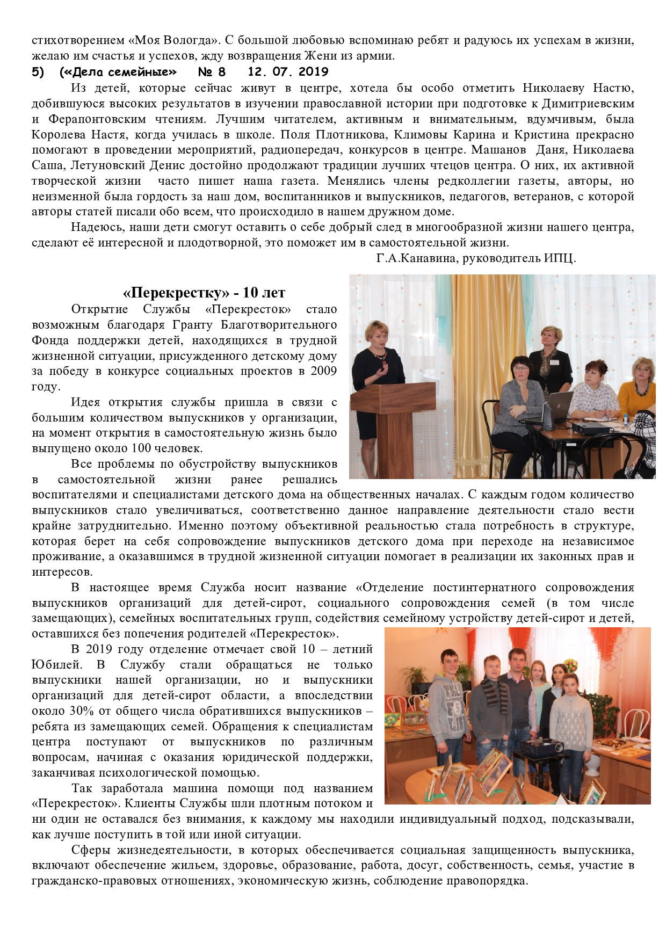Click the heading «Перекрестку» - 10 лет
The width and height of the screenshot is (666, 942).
pos(204,293)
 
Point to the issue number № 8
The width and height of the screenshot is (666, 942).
pos(212,72)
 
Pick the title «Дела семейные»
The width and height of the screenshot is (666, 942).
pos(118,72)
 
